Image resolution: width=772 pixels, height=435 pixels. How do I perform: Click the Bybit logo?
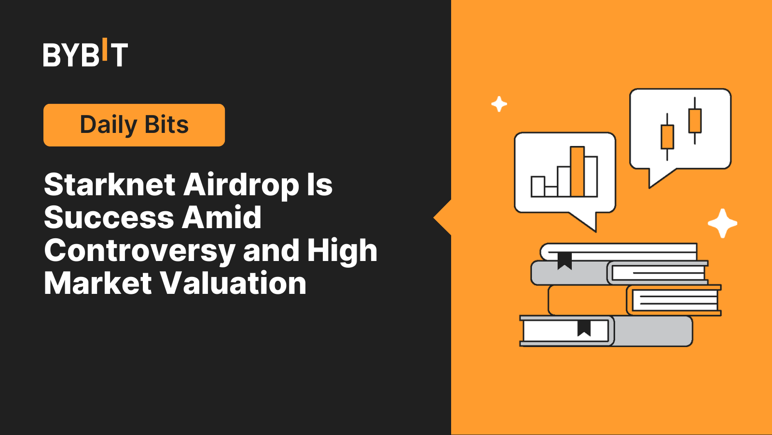point(85,53)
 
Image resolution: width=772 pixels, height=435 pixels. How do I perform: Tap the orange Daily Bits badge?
point(134,125)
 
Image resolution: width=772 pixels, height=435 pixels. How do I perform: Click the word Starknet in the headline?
point(110,185)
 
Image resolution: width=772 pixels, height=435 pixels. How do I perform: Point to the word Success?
point(109,217)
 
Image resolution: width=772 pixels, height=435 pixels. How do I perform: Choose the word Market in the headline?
point(98,283)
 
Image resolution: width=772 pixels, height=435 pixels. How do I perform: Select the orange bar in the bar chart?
point(577,172)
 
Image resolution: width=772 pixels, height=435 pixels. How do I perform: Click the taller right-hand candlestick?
point(695,120)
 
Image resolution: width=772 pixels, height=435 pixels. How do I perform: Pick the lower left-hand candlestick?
point(667,137)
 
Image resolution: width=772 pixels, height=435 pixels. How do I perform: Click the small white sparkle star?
point(499,104)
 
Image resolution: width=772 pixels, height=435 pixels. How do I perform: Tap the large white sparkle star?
point(722,223)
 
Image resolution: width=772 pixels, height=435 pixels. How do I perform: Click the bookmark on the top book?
point(565,261)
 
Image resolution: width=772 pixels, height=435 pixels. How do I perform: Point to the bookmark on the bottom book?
point(584,328)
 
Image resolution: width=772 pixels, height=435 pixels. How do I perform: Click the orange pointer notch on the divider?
point(443,218)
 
